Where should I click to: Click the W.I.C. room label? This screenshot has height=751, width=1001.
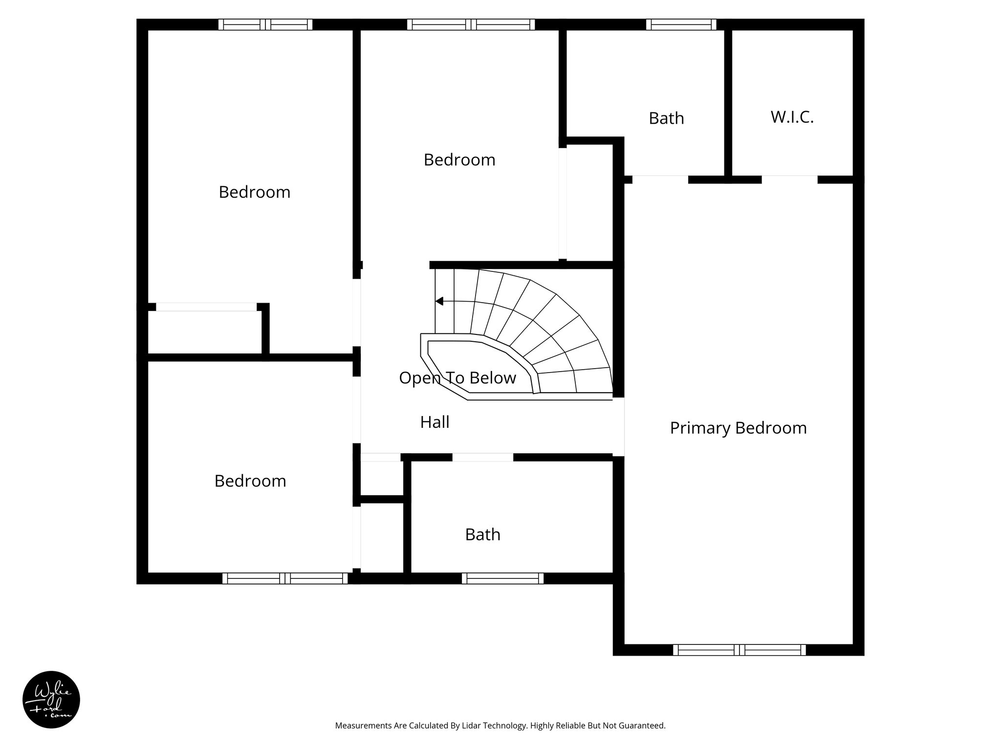[792, 117]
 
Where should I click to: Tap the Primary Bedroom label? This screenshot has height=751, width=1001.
[738, 428]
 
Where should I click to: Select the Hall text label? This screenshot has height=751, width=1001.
[435, 422]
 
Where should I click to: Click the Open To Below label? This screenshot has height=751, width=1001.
[457, 378]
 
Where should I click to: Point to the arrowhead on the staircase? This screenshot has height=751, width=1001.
[439, 301]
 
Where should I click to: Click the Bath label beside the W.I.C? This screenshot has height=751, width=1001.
[666, 118]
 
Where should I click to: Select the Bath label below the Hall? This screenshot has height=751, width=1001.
[482, 535]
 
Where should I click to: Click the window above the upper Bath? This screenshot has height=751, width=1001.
[681, 24]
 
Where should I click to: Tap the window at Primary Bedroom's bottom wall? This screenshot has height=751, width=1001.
[739, 650]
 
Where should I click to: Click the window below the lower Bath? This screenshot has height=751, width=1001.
[502, 578]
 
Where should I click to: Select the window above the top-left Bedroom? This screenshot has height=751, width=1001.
[265, 24]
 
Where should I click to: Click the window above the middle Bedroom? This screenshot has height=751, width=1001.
[471, 24]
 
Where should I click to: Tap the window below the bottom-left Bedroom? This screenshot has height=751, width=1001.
[285, 578]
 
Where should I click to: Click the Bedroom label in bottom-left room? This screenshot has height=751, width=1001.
[250, 481]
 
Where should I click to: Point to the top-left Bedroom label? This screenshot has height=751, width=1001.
[254, 192]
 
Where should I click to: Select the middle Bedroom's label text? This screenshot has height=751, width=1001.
[459, 160]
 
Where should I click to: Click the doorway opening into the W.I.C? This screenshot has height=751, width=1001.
[789, 179]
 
